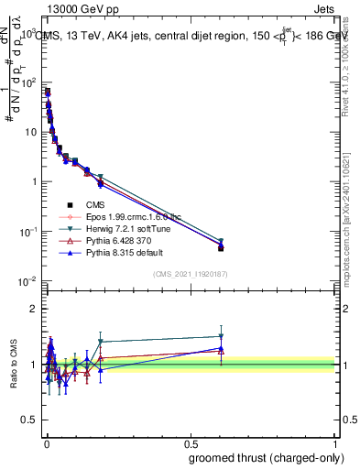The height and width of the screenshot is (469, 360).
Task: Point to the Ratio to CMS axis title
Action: coord(13,365)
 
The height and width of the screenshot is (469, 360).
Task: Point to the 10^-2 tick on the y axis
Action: coord(29,280)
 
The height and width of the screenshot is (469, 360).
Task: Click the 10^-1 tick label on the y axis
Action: coord(29,231)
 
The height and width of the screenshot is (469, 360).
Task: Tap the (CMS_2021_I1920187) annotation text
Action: coord(191,274)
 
